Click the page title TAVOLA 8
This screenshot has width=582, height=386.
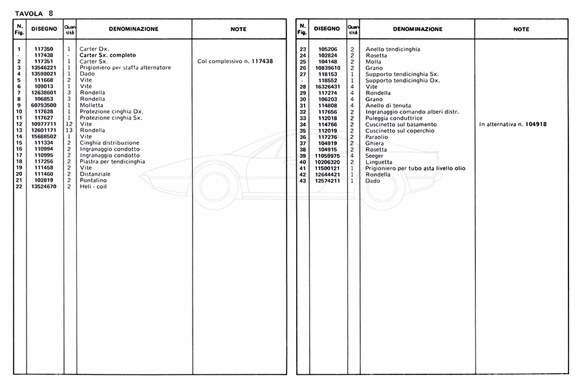pyautogui.click(x=34, y=12)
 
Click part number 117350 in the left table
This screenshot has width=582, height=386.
pyautogui.click(x=45, y=49)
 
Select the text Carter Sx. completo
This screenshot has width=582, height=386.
pyautogui.click(x=108, y=56)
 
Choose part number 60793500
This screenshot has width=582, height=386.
pyautogui.click(x=45, y=105)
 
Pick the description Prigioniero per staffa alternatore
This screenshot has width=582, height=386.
pyautogui.click(x=125, y=68)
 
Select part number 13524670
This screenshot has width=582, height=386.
pyautogui.click(x=45, y=186)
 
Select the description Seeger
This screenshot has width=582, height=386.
pyautogui.click(x=375, y=155)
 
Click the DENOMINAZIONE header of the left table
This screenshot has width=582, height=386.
pyautogui.click(x=134, y=29)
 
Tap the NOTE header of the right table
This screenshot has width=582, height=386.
pyautogui.click(x=521, y=29)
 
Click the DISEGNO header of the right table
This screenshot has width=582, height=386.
pyautogui.click(x=327, y=29)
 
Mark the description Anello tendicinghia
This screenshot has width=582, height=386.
pyautogui.click(x=393, y=49)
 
